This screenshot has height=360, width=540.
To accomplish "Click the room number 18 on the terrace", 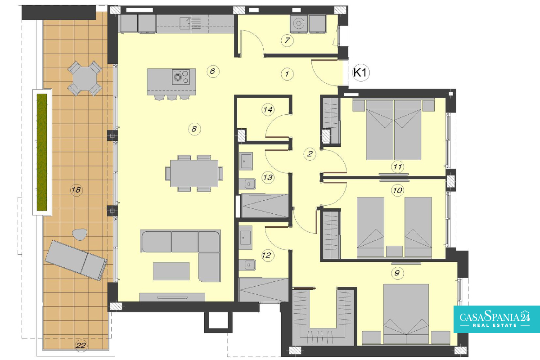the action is (x=76, y=190).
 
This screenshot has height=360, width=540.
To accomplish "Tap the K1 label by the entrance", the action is (x=361, y=72).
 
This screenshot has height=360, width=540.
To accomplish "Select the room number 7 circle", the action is (x=287, y=40).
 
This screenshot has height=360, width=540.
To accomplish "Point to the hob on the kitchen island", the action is (x=180, y=76).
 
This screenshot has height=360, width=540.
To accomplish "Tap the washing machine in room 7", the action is (x=299, y=24).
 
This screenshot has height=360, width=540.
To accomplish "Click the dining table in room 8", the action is (x=194, y=173).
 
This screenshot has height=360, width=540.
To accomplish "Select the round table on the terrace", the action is (x=85, y=78).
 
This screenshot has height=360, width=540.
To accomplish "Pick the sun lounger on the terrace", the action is (x=76, y=260).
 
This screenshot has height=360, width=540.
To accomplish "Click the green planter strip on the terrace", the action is (x=42, y=153).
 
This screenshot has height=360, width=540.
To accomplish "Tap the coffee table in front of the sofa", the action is (x=171, y=271).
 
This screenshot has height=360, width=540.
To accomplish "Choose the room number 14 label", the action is (x=268, y=110).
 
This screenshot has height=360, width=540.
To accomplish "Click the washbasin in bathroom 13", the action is (x=246, y=161).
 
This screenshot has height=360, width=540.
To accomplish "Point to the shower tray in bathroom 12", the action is (x=264, y=289).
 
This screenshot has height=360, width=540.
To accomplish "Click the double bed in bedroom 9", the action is (x=406, y=314).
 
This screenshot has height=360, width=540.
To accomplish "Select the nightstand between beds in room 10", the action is (x=394, y=251).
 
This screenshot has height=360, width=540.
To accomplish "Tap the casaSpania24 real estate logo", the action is (x=497, y=319).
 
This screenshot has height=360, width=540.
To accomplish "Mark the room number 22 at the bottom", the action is (x=81, y=346).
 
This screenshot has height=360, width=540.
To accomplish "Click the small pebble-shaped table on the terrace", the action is (x=80, y=234).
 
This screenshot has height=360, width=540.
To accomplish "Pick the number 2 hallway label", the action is (x=310, y=153).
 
